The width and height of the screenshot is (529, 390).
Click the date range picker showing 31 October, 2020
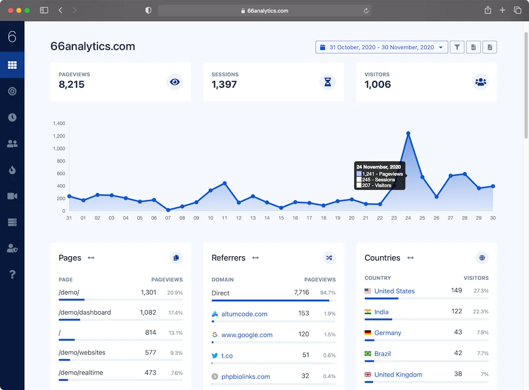click(x=382, y=47)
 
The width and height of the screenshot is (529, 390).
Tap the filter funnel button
click(x=457, y=47)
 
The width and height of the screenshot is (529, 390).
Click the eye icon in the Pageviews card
click(x=175, y=82)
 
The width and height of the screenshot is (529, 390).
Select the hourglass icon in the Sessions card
click(x=328, y=82)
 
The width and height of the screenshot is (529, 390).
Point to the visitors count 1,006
click(x=378, y=85)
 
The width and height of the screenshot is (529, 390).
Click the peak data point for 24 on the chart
click(x=408, y=134)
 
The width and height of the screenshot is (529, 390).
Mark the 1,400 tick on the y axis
click(x=59, y=124)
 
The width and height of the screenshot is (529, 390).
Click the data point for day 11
click(x=225, y=183)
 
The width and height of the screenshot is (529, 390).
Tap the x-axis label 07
click(x=168, y=218)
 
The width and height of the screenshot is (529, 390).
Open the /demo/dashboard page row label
click(x=85, y=313)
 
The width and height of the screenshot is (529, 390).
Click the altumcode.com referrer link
click(x=244, y=314)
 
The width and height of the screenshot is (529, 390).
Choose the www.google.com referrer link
click(x=247, y=335)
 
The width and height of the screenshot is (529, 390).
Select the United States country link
click(x=395, y=291)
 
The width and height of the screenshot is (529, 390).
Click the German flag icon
click(x=368, y=333)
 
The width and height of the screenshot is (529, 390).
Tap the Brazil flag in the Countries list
click(x=368, y=354)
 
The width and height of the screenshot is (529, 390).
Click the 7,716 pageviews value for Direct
click(x=301, y=293)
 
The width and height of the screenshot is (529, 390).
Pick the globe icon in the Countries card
click(x=482, y=258)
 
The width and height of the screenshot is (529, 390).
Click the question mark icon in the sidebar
click(x=12, y=274)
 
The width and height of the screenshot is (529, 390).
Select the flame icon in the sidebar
click(x=12, y=170)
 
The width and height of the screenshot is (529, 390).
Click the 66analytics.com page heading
click(x=93, y=46)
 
